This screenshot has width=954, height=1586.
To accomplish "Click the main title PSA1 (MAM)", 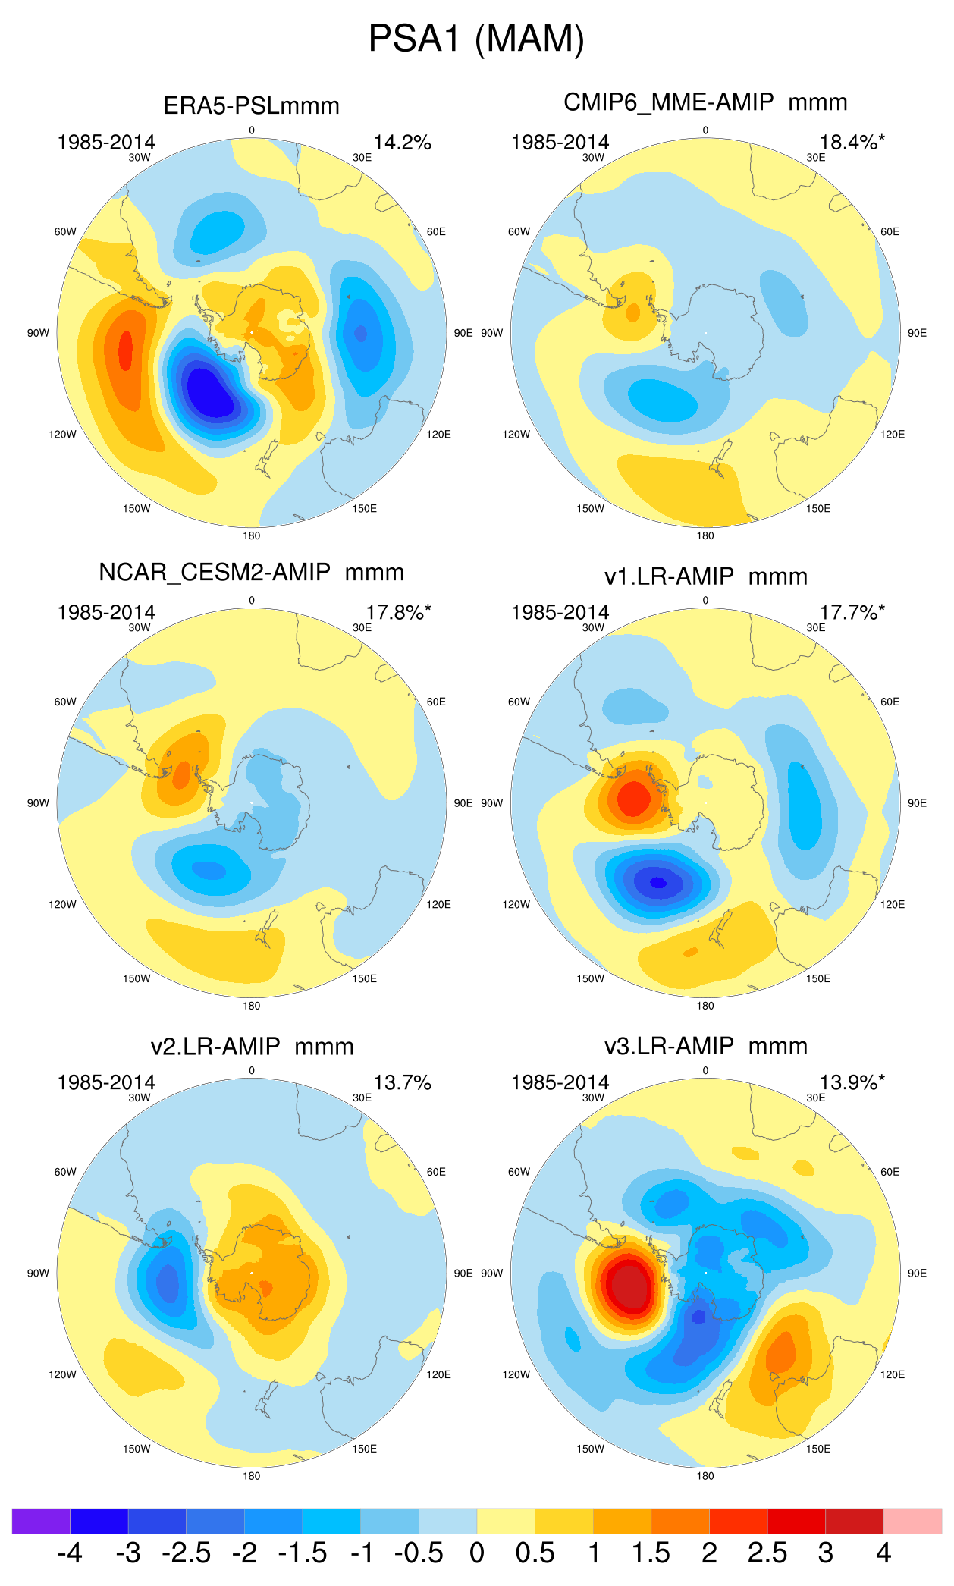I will [476, 39].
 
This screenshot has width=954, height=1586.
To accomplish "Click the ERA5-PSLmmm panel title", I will [251, 105].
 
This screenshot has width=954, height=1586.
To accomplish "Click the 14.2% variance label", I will [402, 143].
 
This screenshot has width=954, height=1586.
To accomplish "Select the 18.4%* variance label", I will [852, 143].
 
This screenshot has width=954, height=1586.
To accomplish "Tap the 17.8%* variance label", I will [398, 612].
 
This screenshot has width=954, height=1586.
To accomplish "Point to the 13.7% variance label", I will [402, 1082].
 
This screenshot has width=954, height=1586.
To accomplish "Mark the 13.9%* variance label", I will [852, 1082].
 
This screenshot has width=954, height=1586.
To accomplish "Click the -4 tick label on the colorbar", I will [70, 1553].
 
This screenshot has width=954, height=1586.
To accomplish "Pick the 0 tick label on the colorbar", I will [477, 1553].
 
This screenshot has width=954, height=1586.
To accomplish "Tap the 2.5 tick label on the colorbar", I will [767, 1553].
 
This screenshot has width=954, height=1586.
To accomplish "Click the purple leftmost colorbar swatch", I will [41, 1521].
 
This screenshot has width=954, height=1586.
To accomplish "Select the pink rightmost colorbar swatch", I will [912, 1521].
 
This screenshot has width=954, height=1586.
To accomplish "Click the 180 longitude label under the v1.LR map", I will [705, 1006].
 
